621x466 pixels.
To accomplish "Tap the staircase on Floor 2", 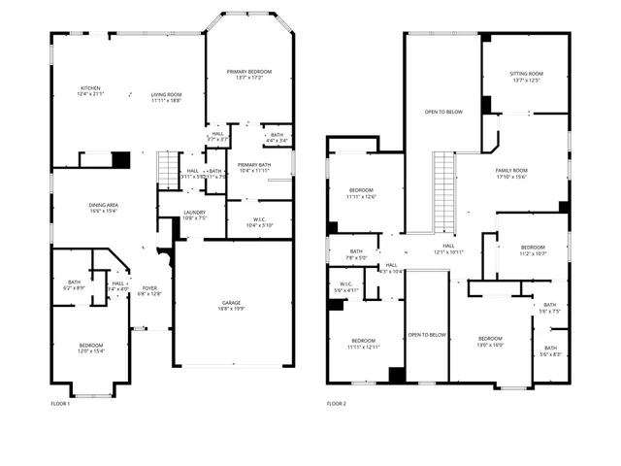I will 444,188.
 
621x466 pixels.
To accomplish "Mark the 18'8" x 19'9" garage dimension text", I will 233,310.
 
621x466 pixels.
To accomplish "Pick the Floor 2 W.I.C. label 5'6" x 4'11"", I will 346,287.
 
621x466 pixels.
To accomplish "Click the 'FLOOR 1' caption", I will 60,403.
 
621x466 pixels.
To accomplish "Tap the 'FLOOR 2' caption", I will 336,403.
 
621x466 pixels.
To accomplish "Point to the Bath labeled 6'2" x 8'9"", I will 74,285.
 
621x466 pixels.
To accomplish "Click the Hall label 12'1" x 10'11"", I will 449,250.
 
